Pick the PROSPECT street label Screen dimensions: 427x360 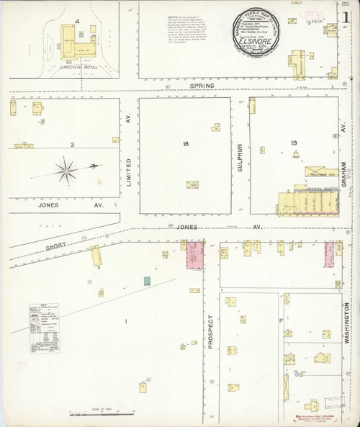tap(211, 333)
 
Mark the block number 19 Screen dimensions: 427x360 tap(294, 143)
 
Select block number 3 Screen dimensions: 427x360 tap(72, 145)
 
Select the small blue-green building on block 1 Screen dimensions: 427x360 tap(147, 279)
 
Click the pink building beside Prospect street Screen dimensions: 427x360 tap(194, 256)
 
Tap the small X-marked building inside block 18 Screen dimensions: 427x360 tap(192, 185)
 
